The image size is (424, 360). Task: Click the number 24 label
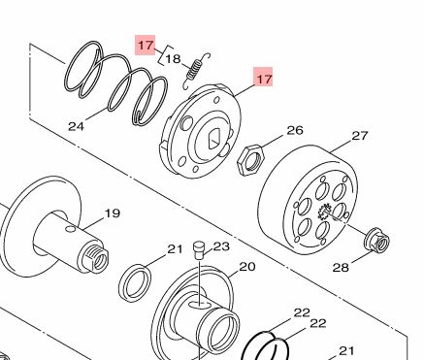pyautogui.click(x=76, y=126)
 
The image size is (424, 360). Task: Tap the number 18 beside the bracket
pyautogui.click(x=173, y=59)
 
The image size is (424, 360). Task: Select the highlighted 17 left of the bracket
pyautogui.click(x=146, y=45)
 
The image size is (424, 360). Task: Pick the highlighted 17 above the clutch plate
pyautogui.click(x=263, y=78)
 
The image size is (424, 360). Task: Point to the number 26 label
pyautogui.click(x=295, y=130)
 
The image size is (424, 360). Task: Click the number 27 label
pyautogui.click(x=360, y=136)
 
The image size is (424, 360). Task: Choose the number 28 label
pyautogui.click(x=341, y=268)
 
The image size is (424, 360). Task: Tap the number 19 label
pyautogui.click(x=113, y=213)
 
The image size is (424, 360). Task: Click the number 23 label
pyautogui.click(x=221, y=246)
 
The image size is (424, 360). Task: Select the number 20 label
pyautogui.click(x=247, y=267)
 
